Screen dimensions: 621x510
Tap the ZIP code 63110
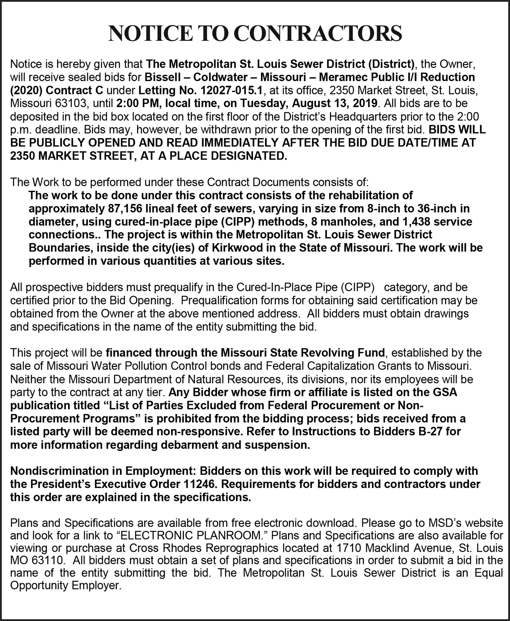47,562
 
